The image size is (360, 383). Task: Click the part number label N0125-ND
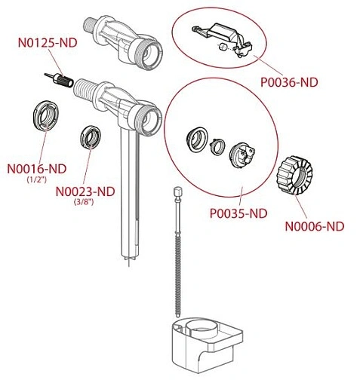click(x=48, y=42)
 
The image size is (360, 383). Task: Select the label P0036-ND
click(x=289, y=82)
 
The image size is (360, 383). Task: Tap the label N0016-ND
click(x=37, y=169)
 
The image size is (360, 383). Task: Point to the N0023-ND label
click(x=85, y=191)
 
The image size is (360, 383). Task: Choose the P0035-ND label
click(x=238, y=213)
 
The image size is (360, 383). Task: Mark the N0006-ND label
click(x=315, y=226)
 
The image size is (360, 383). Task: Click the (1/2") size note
click(x=37, y=179)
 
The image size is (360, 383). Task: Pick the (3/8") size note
click(x=84, y=202)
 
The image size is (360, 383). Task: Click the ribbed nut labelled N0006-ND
click(x=294, y=175)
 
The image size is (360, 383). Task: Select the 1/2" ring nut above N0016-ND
click(x=46, y=116)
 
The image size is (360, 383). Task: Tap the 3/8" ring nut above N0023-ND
click(x=91, y=137)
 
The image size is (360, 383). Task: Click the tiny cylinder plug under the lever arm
click(x=223, y=47)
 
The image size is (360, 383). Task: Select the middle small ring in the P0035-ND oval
click(x=217, y=147)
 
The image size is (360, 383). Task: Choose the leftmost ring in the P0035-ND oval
click(x=197, y=139)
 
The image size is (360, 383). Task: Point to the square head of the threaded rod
click(x=178, y=191)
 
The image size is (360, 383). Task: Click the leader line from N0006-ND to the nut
click(x=301, y=207)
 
